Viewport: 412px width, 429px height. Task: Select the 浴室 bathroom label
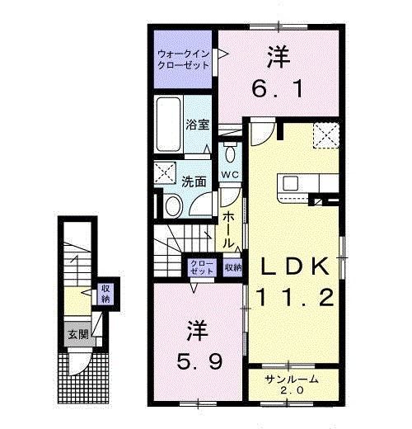pyautogui.click(x=196, y=125)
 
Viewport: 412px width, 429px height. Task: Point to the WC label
pyautogui.click(x=229, y=174)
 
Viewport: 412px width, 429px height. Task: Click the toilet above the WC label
pyautogui.click(x=229, y=153)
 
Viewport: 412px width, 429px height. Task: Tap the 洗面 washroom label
pyautogui.click(x=194, y=181)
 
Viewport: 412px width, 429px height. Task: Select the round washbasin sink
pyautogui.click(x=173, y=206)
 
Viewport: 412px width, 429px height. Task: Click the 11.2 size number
pyautogui.click(x=299, y=296)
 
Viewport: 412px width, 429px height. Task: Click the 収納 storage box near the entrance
pyautogui.click(x=105, y=293)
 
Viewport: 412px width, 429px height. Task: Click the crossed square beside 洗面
pyautogui.click(x=163, y=173)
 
